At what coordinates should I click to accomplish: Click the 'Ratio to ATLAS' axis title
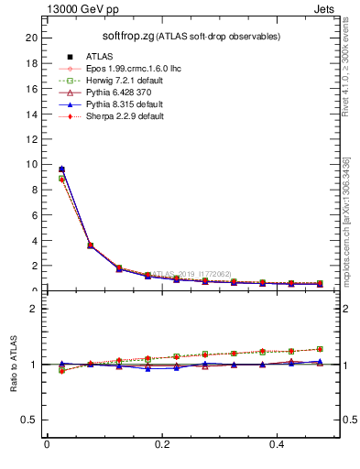pyautogui.click(x=14, y=365)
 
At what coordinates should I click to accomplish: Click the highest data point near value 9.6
pyautogui.click(x=61, y=169)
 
